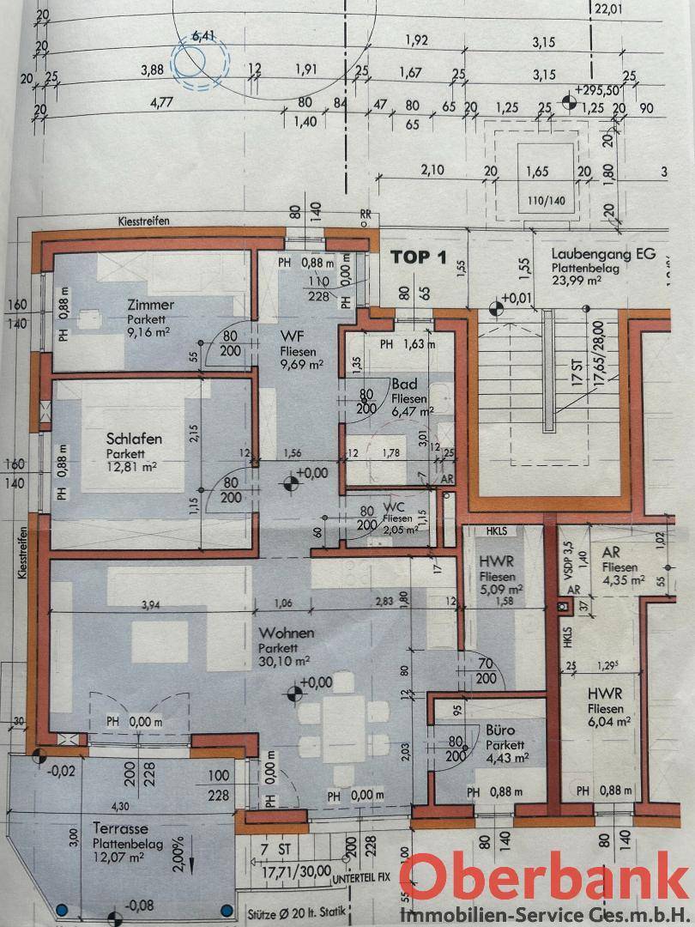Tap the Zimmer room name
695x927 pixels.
[150, 305]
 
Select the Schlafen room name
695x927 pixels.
[134, 439]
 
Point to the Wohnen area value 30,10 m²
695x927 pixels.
[284, 661]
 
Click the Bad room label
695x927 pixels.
[403, 385]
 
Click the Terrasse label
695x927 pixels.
[122, 829]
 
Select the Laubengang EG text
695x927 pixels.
[603, 254]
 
